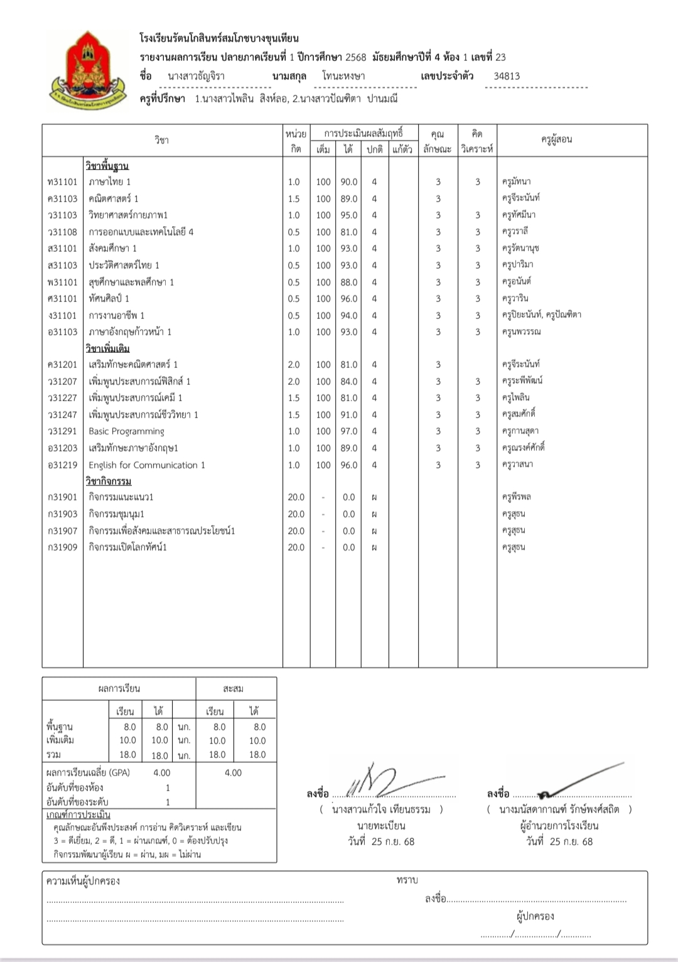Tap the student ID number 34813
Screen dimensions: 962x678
click(x=507, y=76)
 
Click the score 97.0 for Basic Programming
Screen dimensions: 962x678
click(x=348, y=431)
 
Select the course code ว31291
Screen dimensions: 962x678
click(x=62, y=431)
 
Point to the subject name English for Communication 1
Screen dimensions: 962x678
click(x=147, y=465)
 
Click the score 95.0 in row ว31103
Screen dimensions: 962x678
click(x=348, y=215)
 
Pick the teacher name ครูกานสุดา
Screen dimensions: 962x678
click(x=520, y=431)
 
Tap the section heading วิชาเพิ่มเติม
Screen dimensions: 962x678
click(x=107, y=349)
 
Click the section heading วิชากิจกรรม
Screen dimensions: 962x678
click(x=109, y=481)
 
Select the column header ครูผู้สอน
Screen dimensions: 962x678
click(x=556, y=139)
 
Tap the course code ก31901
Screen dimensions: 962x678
click(x=62, y=497)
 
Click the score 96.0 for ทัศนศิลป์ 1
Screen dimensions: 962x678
click(x=348, y=299)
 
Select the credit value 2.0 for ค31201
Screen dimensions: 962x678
click(x=294, y=365)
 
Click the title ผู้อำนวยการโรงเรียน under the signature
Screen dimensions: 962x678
click(x=559, y=826)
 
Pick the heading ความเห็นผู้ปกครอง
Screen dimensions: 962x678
click(x=83, y=881)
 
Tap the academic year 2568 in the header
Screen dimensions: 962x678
click(x=355, y=57)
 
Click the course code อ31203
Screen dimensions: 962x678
click(x=62, y=448)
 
